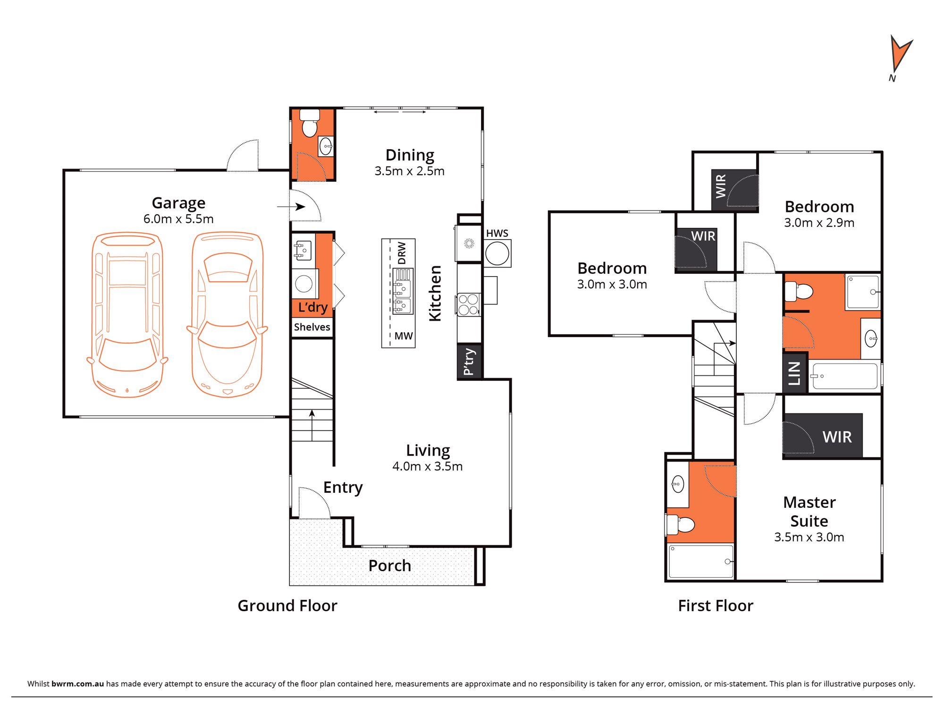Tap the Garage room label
point(178,203)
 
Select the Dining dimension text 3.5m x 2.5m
point(409,171)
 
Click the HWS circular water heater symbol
point(497,254)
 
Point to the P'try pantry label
point(469,362)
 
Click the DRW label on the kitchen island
point(402,253)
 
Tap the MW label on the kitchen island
point(403,336)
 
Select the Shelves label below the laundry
point(312,327)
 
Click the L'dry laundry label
point(312,307)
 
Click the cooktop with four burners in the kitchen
point(469,304)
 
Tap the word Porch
point(389,565)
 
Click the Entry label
point(343,487)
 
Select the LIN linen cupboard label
point(794,373)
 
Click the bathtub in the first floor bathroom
point(845,376)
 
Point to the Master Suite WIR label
point(837,437)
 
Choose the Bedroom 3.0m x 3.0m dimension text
point(612,285)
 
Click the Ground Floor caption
point(287,606)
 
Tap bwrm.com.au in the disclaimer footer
point(77,683)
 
